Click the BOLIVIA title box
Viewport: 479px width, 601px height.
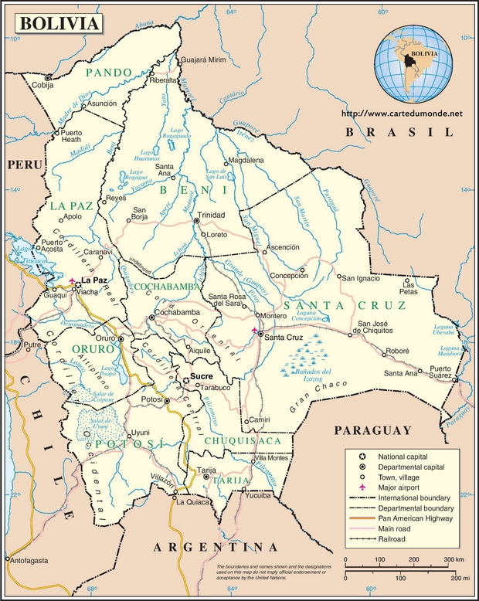tap(59, 23)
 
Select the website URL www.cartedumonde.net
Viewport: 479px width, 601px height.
tap(401, 114)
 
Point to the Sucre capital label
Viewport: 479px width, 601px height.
tap(200, 376)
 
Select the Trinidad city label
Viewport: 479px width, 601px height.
tap(211, 215)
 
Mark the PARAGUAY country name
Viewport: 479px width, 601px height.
tap(372, 430)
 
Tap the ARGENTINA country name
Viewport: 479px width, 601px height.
tap(205, 547)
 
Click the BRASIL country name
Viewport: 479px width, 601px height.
tap(399, 133)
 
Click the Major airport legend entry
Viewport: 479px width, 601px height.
tap(402, 487)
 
